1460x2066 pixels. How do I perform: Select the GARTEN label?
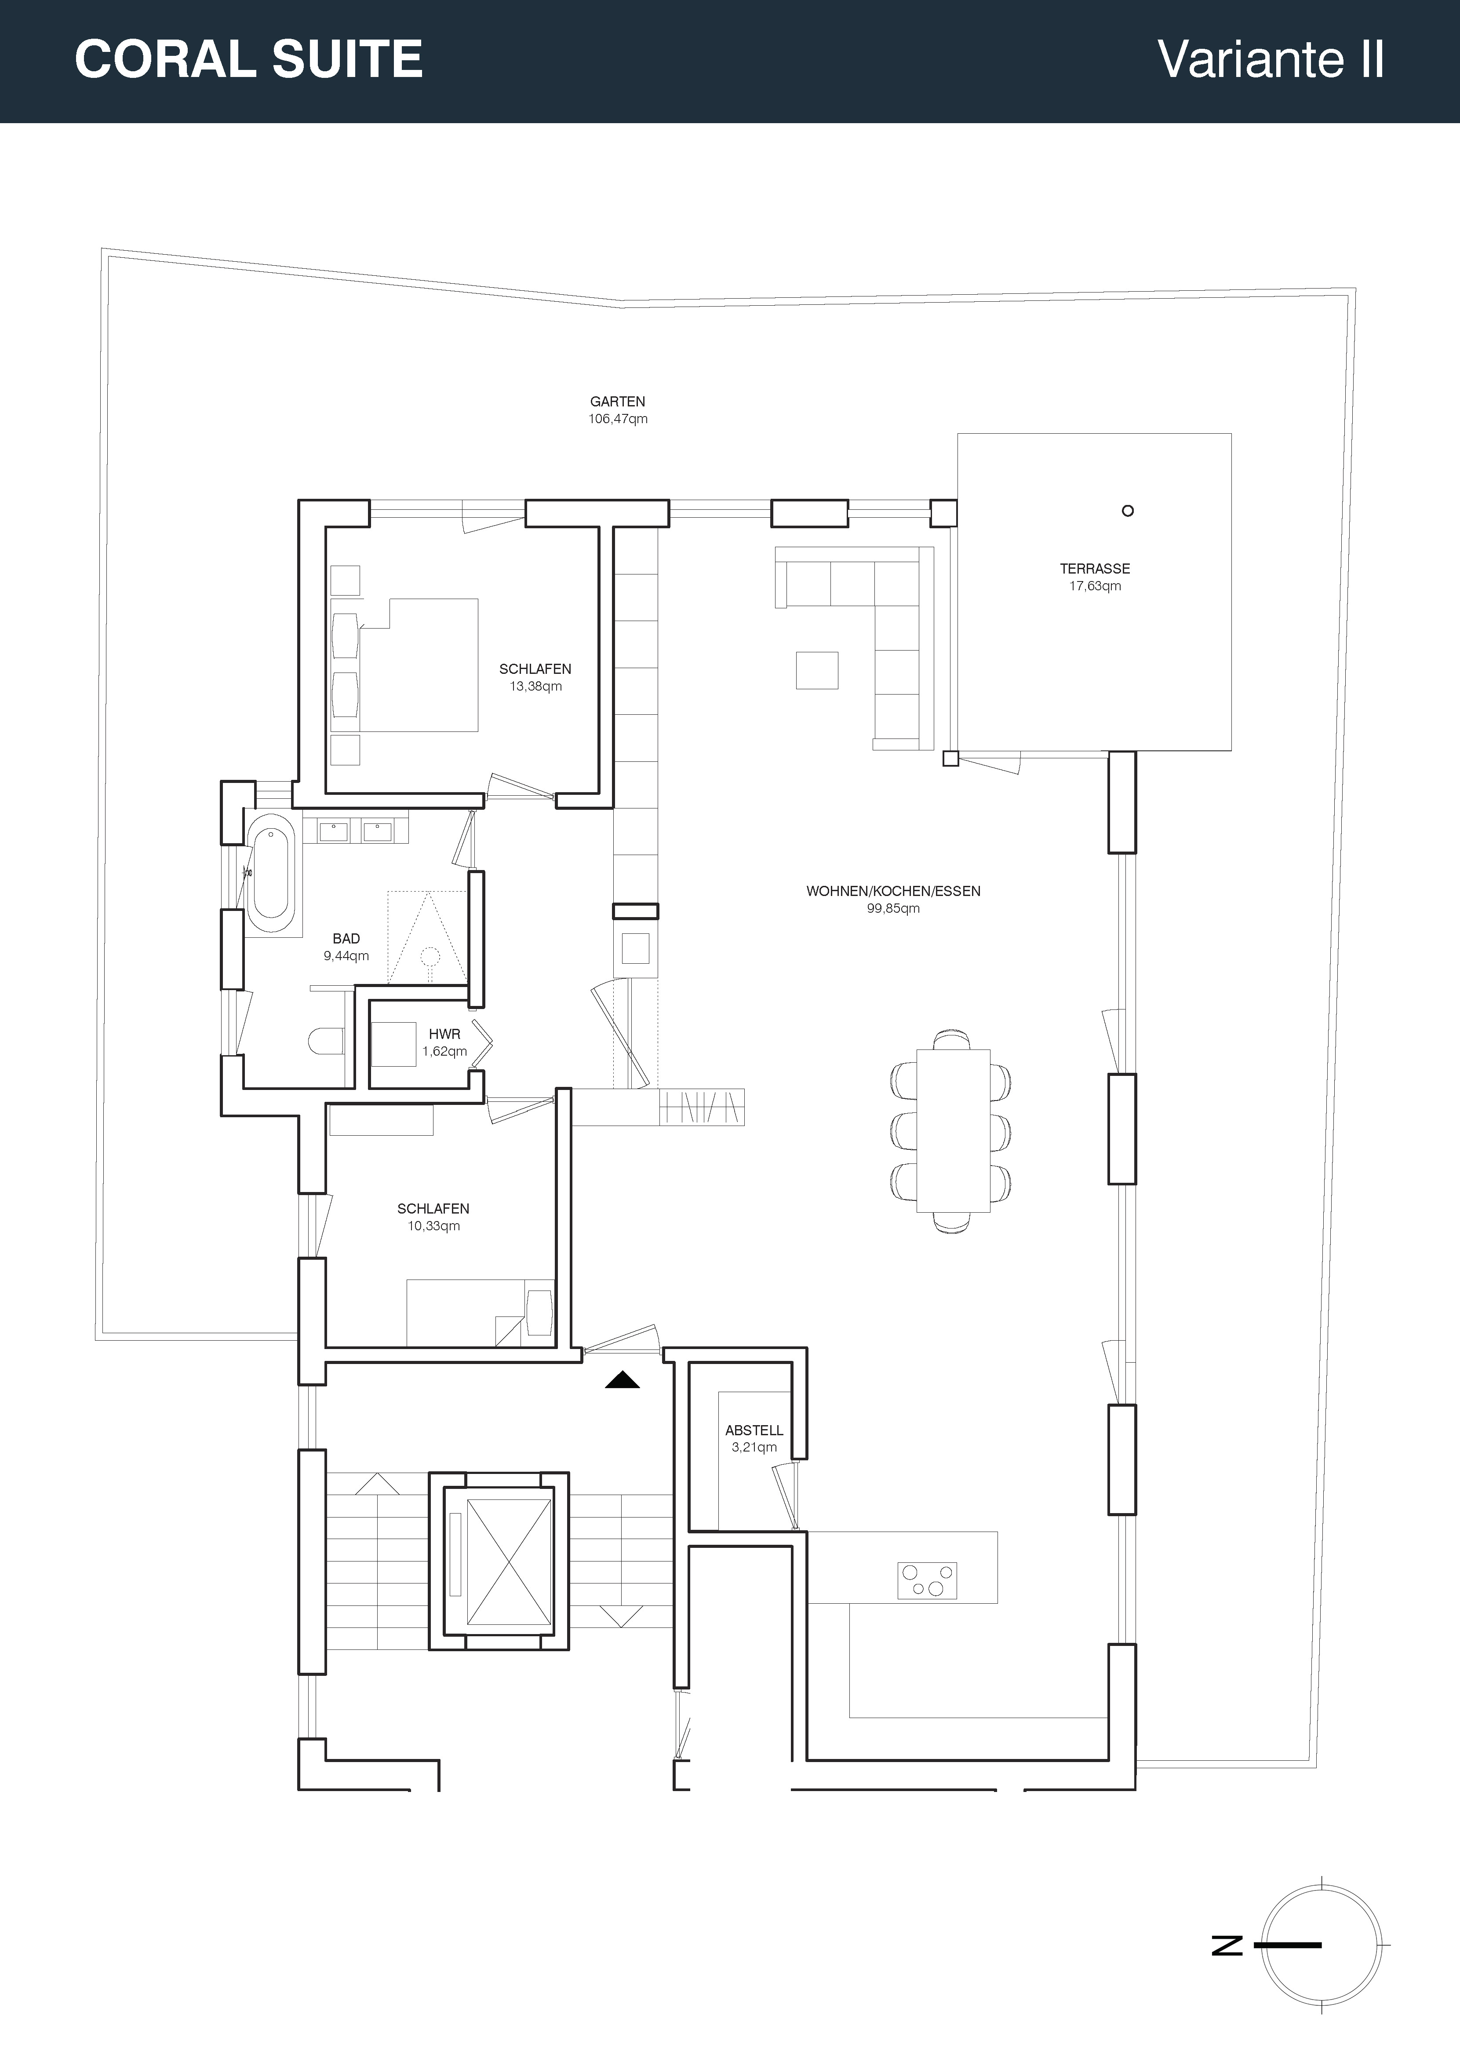(618, 401)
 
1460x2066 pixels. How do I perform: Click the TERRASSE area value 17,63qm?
(1095, 586)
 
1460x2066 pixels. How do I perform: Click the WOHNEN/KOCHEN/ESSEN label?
(893, 891)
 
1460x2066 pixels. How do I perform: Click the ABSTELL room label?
(754, 1430)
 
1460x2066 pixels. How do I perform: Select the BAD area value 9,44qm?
(346, 956)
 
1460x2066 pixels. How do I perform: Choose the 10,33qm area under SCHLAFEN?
(433, 1225)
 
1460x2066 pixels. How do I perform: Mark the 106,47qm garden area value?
(618, 418)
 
